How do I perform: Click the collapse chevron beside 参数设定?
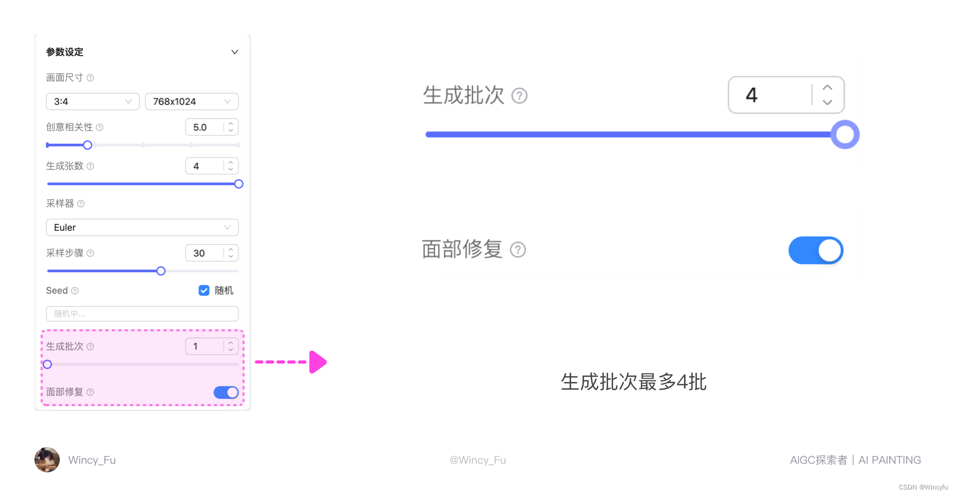point(235,52)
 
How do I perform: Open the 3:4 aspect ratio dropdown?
point(93,102)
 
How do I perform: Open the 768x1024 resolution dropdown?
point(192,102)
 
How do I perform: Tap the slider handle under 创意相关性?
point(87,145)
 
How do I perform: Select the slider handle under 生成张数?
point(238,184)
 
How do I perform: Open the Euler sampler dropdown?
point(142,228)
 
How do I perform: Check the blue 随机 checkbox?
point(204,290)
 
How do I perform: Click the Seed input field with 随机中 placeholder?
point(142,314)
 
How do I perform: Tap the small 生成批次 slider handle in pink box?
point(47,364)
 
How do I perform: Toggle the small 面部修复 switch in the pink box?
point(226,392)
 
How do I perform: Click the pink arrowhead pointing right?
point(318,362)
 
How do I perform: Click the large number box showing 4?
point(770,95)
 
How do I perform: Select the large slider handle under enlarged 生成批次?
point(845,134)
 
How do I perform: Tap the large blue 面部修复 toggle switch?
point(816,251)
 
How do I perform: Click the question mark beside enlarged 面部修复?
point(518,250)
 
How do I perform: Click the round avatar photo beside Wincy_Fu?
point(47,460)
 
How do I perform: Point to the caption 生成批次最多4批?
point(633,382)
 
